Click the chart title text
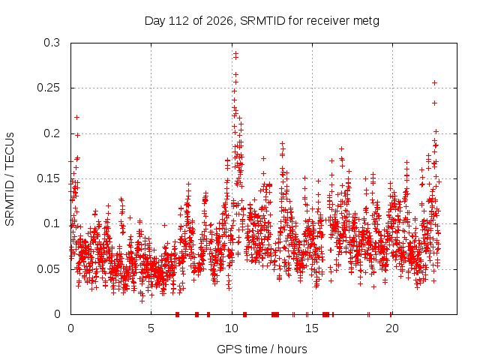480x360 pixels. point(262,21)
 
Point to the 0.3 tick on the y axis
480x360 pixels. point(52,43)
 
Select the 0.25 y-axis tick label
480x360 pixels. point(48,88)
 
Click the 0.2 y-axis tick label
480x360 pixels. point(52,133)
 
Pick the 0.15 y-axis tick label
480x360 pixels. point(48,178)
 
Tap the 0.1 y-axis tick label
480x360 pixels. point(52,223)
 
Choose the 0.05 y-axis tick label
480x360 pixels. point(48,269)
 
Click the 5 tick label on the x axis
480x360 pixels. point(151,328)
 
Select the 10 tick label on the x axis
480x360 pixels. point(232,328)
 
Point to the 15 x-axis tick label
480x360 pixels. point(312,328)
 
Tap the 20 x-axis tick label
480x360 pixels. point(392,328)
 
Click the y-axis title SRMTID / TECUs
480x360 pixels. point(10,179)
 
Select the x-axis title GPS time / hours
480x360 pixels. point(262,349)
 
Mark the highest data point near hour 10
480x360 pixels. point(235,53)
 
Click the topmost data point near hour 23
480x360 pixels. point(434,83)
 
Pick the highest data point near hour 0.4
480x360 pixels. point(76,117)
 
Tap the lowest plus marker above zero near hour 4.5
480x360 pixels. point(142,301)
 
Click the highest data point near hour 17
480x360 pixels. point(342,148)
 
